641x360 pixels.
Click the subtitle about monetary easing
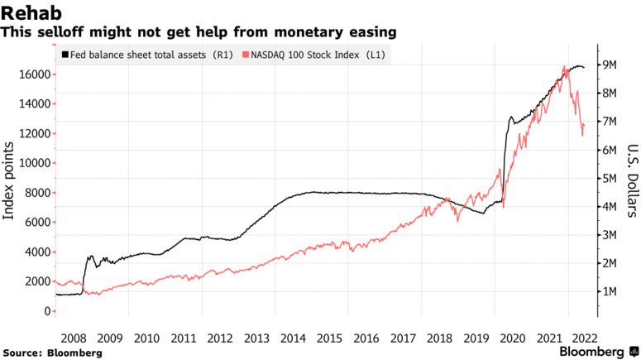click(x=199, y=32)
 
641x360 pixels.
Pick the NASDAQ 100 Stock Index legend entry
click(x=319, y=55)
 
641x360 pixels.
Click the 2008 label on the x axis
click(x=74, y=338)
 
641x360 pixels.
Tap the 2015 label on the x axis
click(x=329, y=338)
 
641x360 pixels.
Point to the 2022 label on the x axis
click(x=585, y=338)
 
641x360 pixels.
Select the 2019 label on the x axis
click(x=475, y=338)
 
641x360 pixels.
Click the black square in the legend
click(x=66, y=55)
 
